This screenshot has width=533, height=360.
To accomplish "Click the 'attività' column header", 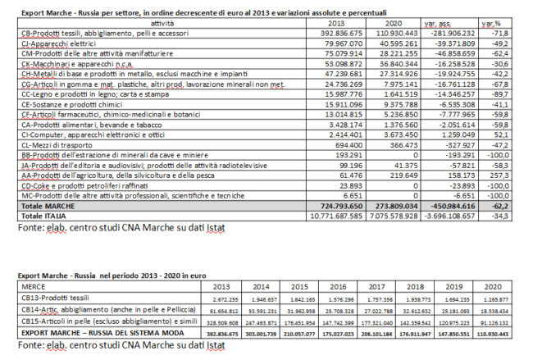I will [149, 23].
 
